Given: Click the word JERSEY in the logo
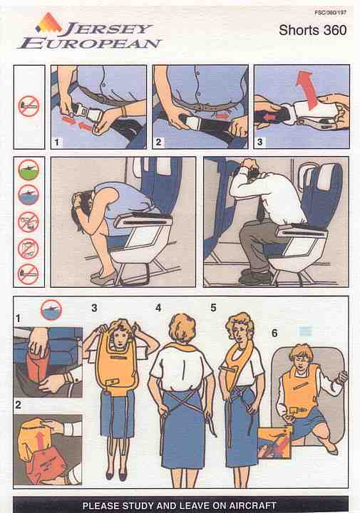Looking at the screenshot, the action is pos(107,29).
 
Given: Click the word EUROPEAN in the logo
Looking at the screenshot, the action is pos(90,43).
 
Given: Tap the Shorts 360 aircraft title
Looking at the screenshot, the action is pos(312,31).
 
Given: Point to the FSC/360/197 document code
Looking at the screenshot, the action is pos(330,12).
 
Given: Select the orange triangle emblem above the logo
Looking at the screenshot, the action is pos(48,22).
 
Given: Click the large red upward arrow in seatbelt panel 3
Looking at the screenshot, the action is pos(307,90).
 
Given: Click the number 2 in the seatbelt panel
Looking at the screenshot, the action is pos(158,142).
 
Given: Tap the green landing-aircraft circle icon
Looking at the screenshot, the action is pos(29,170).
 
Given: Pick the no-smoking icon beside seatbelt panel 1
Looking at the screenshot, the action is pos(29,106).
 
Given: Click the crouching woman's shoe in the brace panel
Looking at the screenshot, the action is pos(103,279).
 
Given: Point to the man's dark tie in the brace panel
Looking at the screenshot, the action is pos(261,209).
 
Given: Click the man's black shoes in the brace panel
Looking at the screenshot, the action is pos(256,276).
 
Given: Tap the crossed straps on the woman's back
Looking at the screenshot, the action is pos(182,400).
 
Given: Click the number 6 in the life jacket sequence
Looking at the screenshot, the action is pos(274,333).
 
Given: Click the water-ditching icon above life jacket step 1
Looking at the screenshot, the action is pos(51,309).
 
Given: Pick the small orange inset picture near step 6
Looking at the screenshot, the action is pos(274,442).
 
